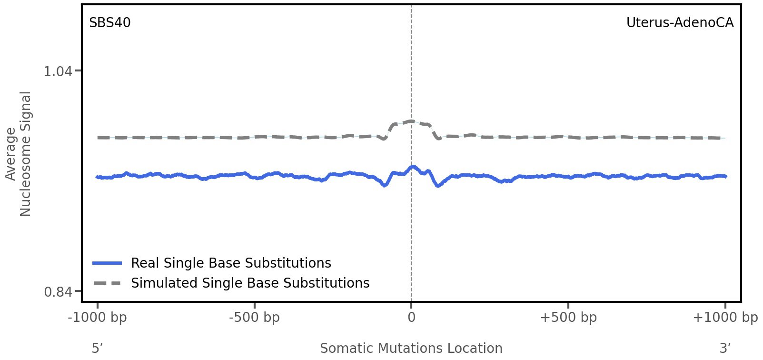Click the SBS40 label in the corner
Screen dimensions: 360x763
(x=110, y=23)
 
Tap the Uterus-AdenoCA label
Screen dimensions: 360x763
(x=680, y=23)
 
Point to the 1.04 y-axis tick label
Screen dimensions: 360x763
(x=58, y=71)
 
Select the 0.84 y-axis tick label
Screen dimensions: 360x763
(x=58, y=291)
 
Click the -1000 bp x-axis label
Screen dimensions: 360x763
(x=98, y=317)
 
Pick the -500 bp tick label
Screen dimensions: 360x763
(x=254, y=317)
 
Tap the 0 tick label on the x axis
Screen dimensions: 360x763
(x=411, y=317)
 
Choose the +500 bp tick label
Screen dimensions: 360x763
(x=568, y=317)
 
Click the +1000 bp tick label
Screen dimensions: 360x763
(x=725, y=317)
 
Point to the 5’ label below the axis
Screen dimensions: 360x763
(x=98, y=348)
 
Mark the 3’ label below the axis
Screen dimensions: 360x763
(x=725, y=348)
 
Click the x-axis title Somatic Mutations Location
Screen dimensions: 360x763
(x=411, y=348)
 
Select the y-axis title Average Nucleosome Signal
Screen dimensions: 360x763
(x=19, y=153)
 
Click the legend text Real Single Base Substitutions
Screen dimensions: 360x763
(x=231, y=263)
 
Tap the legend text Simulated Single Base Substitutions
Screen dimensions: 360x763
(x=250, y=283)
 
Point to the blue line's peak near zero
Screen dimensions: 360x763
(x=413, y=167)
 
